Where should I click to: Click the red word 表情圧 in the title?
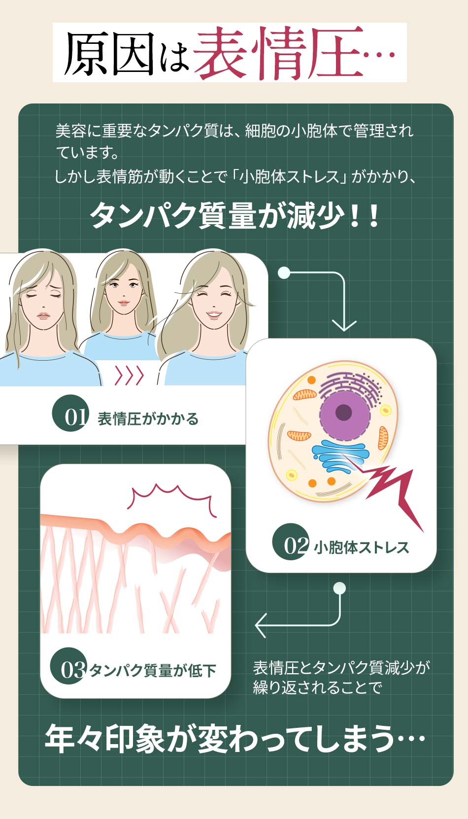pyautogui.click(x=278, y=53)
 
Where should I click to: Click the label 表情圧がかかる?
pyautogui.click(x=148, y=419)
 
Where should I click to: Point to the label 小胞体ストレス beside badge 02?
pyautogui.click(x=362, y=547)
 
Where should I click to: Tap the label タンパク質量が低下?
pyautogui.click(x=153, y=671)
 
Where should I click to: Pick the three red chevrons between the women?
pyautogui.click(x=129, y=375)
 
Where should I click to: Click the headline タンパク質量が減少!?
pyautogui.click(x=234, y=216)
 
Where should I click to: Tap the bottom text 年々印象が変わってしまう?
pyautogui.click(x=234, y=739)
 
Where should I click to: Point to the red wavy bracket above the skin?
pyautogui.click(x=171, y=498)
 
